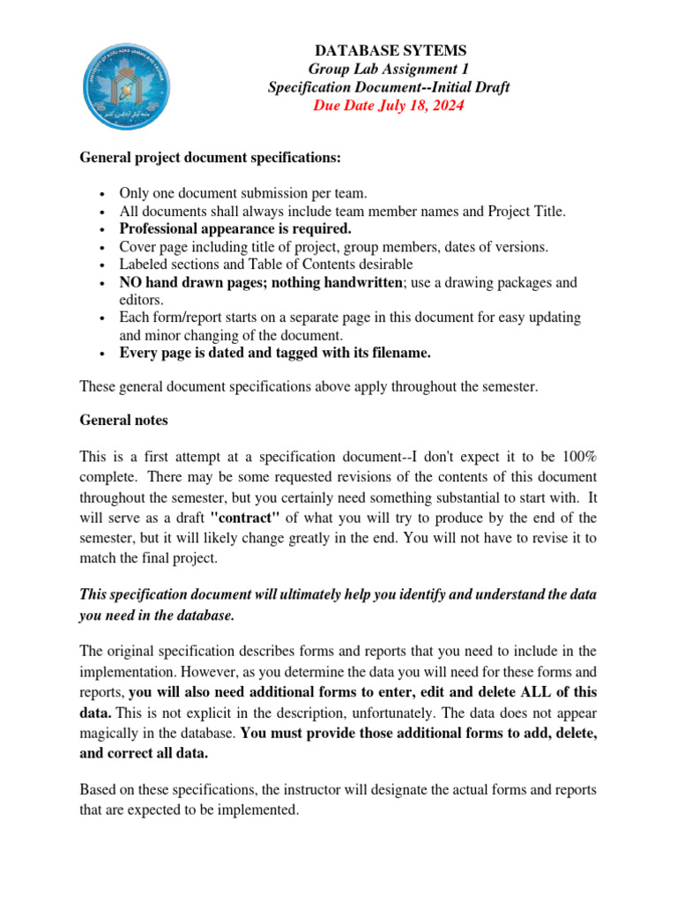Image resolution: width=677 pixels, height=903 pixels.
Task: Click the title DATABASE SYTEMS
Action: pos(388,50)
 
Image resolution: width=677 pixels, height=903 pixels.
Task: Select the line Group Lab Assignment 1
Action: pos(388,69)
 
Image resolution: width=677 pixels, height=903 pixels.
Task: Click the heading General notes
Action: pos(123,421)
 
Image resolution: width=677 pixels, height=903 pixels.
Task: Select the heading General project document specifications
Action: pos(210,158)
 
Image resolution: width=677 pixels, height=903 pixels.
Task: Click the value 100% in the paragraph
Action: pos(579,458)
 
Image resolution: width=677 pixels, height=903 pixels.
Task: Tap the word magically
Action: pos(115,733)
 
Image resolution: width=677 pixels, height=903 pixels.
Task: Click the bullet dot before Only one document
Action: pos(104,193)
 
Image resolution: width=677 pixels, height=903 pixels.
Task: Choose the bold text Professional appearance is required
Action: pos(228,228)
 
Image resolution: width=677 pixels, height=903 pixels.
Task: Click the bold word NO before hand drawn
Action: pos(130,282)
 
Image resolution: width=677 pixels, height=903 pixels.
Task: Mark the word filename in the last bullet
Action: pos(401,353)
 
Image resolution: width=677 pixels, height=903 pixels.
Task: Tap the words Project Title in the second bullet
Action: pos(526,211)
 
